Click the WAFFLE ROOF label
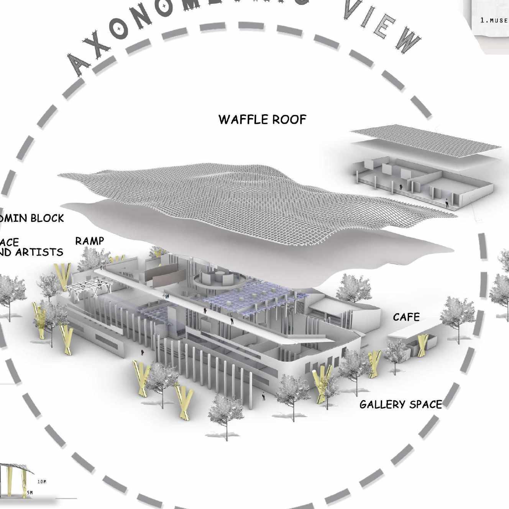click(x=263, y=120)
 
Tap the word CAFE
click(x=406, y=317)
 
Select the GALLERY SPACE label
click(x=401, y=405)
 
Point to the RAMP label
click(x=89, y=241)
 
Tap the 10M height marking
click(x=42, y=482)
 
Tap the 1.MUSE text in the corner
click(x=494, y=20)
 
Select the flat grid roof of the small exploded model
click(x=425, y=140)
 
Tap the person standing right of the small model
click(x=447, y=202)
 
